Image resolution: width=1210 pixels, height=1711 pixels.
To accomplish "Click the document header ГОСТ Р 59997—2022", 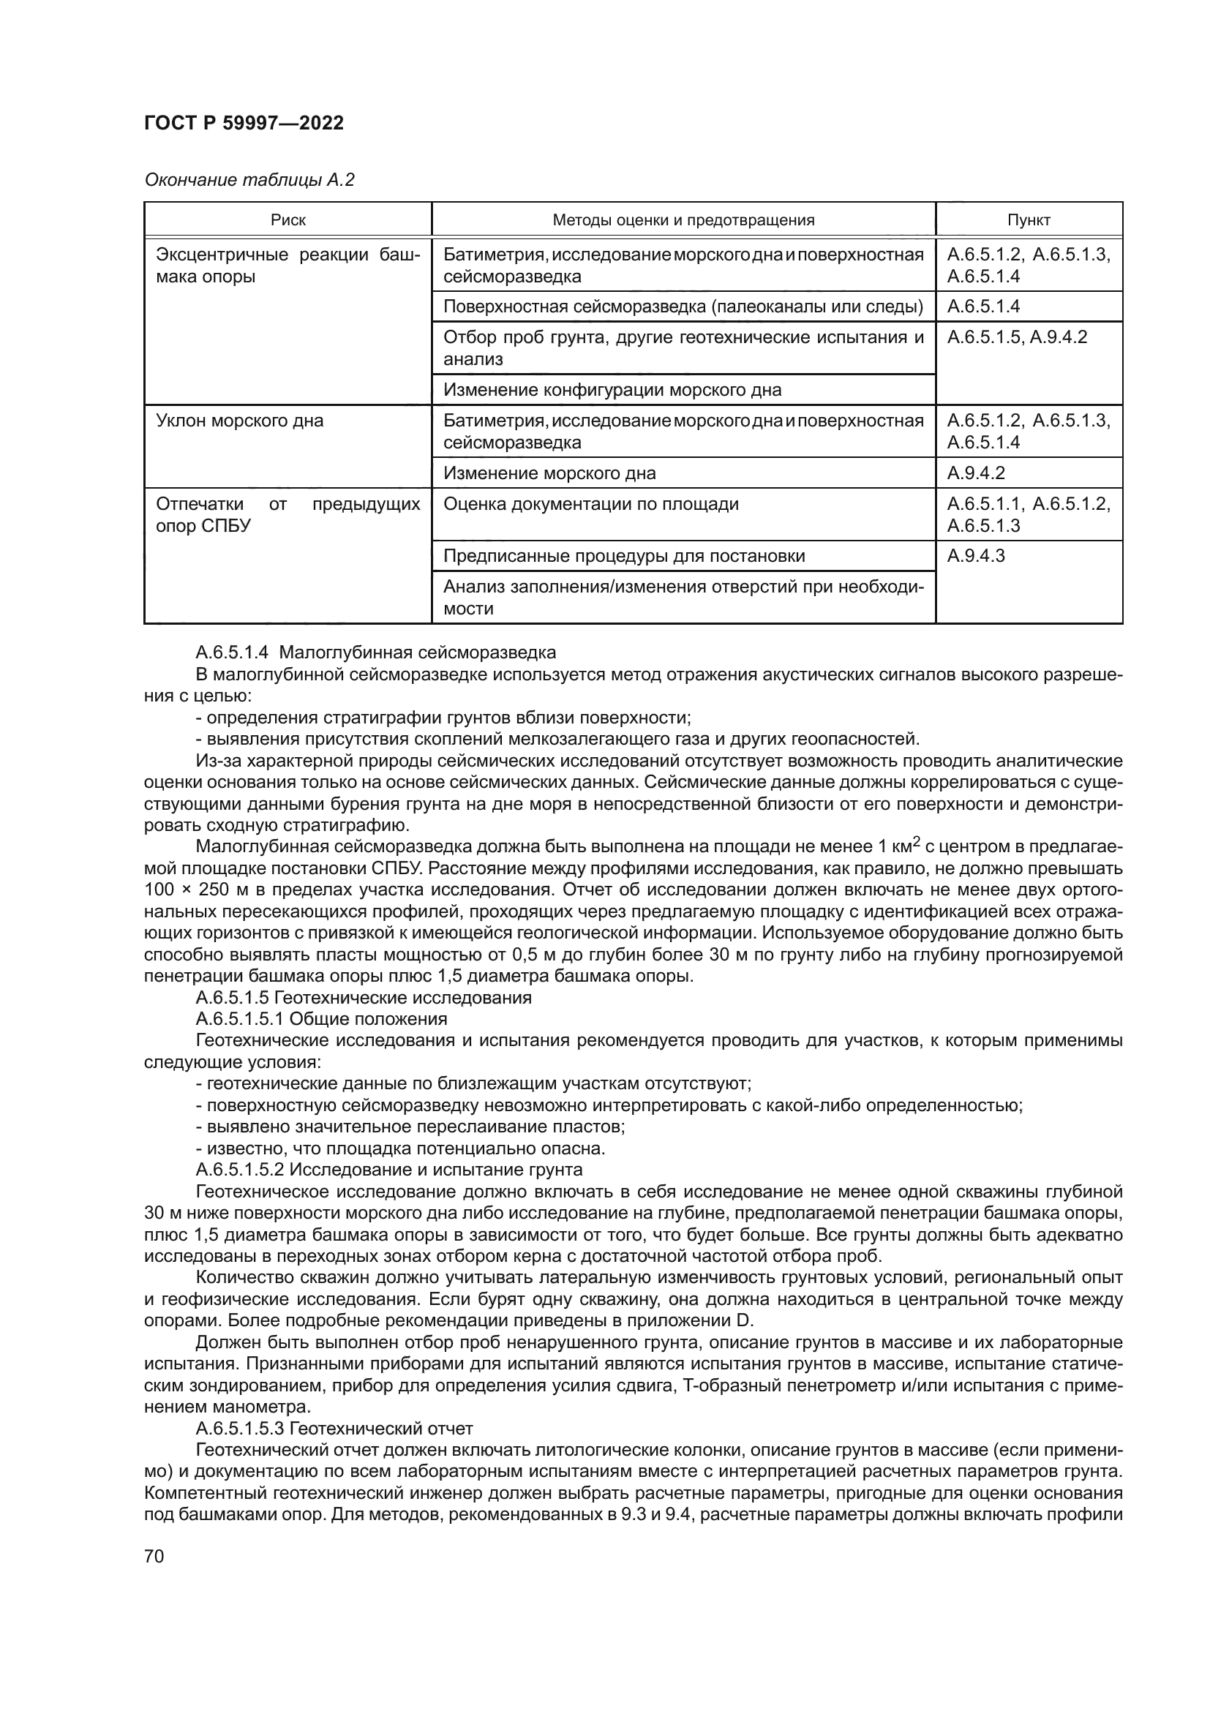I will point(244,124).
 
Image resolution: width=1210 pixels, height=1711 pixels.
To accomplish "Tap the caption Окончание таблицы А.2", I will point(249,181).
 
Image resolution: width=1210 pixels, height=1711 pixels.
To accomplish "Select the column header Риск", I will point(288,220).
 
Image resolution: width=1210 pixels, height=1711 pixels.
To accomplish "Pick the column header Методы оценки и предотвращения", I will point(683,220).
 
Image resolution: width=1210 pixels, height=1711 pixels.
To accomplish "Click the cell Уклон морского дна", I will point(240,421).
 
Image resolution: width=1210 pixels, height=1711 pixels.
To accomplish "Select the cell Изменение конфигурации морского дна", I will point(612,390).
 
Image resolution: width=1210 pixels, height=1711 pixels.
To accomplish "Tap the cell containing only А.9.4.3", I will point(975,556).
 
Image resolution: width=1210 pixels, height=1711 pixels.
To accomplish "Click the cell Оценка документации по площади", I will point(591,505).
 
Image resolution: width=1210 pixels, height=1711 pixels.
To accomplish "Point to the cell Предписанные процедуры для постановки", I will point(623,556).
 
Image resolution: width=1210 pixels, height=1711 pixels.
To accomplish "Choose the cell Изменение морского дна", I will point(549,473).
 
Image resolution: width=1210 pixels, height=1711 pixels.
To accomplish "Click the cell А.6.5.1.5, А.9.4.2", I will point(1016,337).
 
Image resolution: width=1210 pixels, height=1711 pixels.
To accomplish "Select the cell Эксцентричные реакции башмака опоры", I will point(288,266).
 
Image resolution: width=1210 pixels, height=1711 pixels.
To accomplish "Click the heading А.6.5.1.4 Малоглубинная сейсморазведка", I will point(375,653).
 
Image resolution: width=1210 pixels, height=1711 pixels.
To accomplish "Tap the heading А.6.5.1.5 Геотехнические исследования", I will point(363,998).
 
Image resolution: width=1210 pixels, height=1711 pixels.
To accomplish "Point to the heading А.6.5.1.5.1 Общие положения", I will point(320,1019).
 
